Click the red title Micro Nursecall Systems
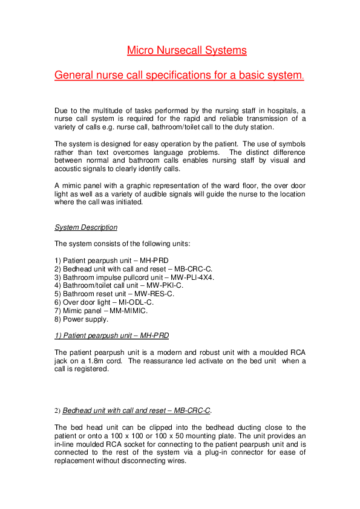[186, 50]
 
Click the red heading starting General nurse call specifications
[179, 76]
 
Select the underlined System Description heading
[86, 227]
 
